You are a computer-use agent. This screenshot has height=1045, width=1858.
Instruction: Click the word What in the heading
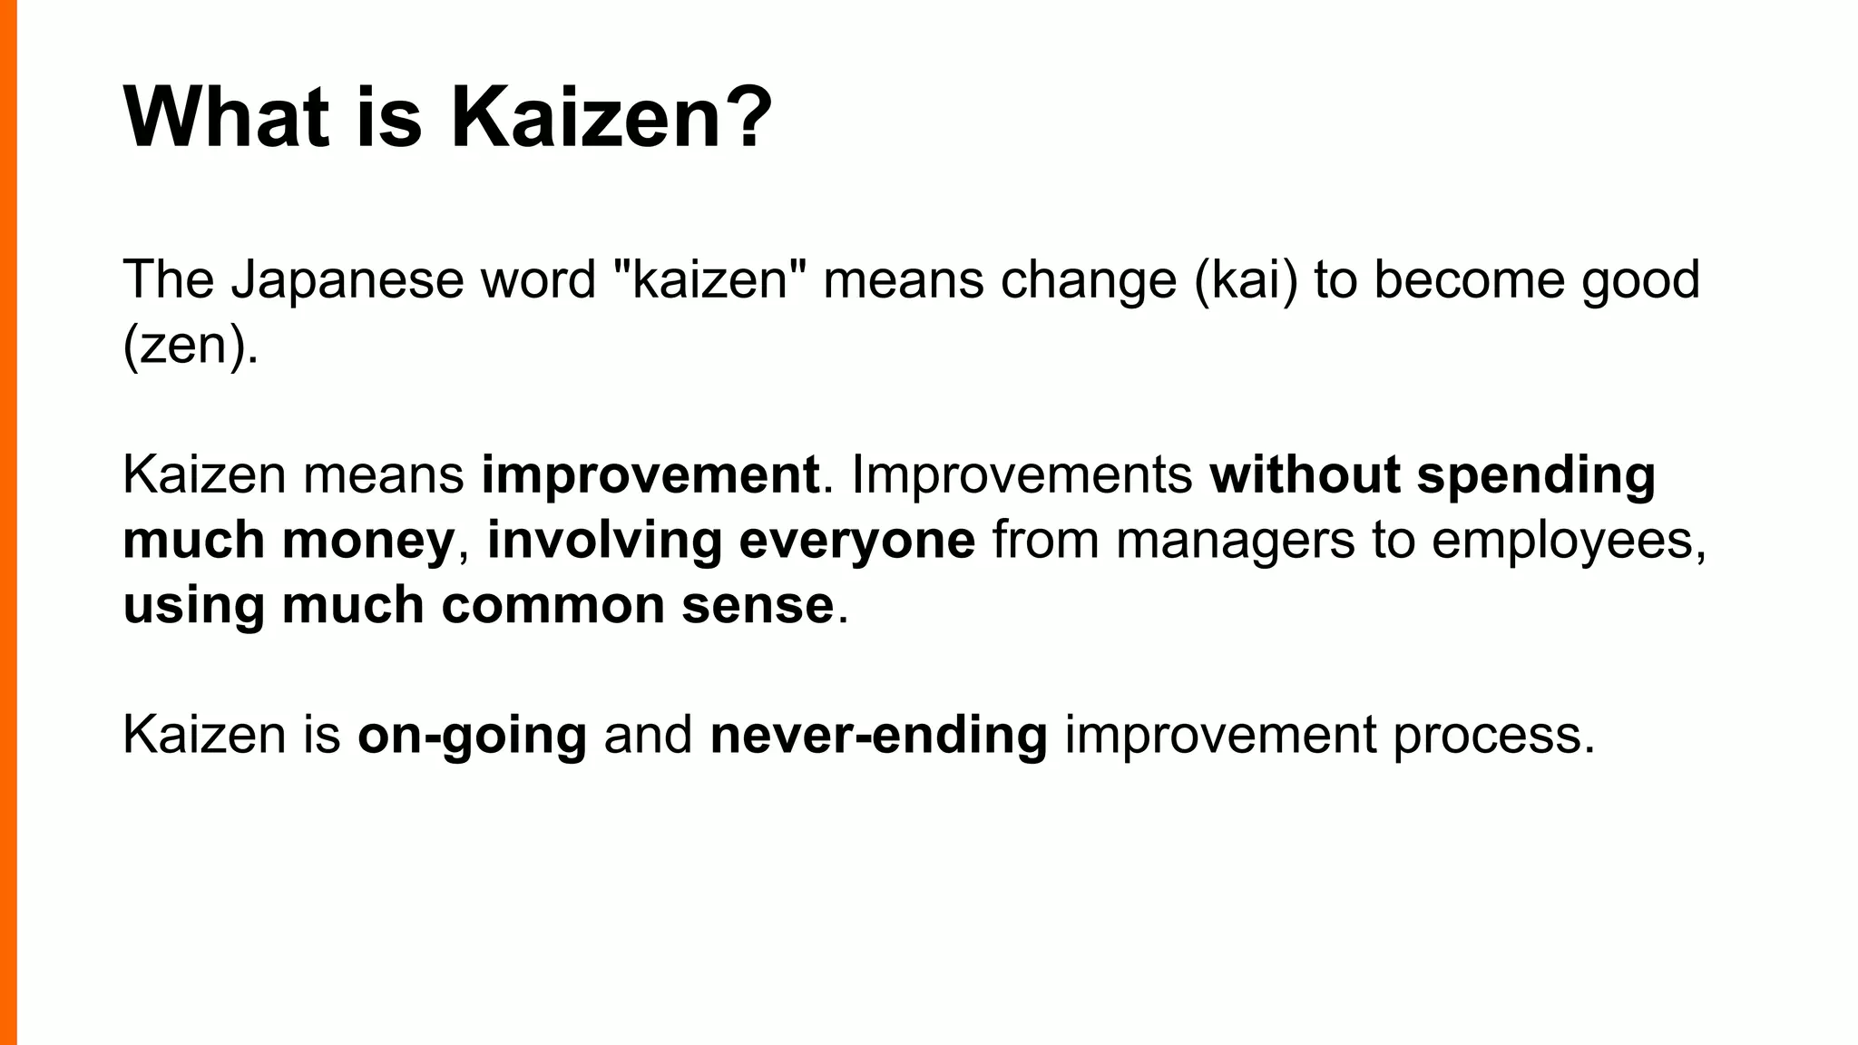click(226, 119)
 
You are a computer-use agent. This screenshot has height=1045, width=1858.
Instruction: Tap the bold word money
click(368, 541)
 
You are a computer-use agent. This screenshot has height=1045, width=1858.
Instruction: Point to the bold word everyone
click(857, 541)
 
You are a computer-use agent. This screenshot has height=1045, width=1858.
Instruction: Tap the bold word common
click(553, 605)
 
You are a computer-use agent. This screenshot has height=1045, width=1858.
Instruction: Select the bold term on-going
click(472, 736)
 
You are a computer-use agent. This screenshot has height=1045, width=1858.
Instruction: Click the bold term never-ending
click(878, 736)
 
